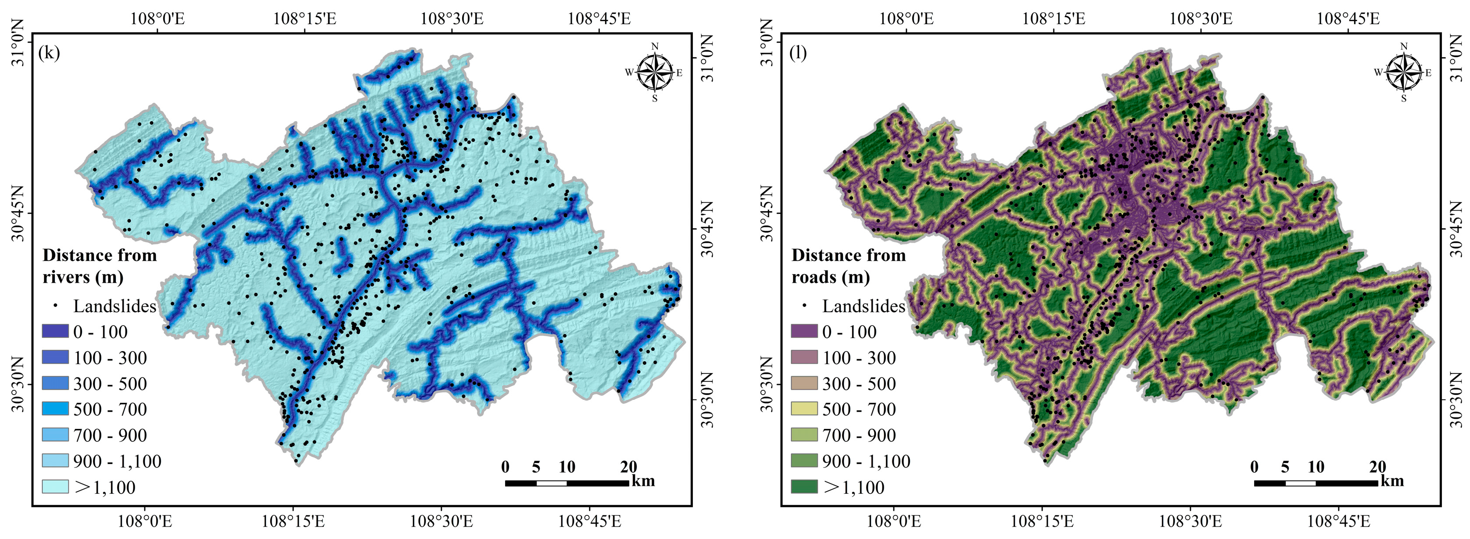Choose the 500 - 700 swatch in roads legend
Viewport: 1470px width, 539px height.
(x=804, y=409)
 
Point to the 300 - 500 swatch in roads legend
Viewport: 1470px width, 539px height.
(x=804, y=383)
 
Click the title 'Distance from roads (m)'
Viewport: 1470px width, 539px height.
(x=849, y=266)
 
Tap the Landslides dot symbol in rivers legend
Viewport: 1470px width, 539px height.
(x=55, y=305)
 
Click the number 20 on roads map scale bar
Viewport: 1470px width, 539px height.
(x=1377, y=467)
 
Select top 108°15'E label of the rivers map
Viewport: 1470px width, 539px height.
(x=305, y=19)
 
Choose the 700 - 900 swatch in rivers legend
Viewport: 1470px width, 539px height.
(x=55, y=435)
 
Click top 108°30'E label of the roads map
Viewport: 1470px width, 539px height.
(x=1201, y=19)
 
